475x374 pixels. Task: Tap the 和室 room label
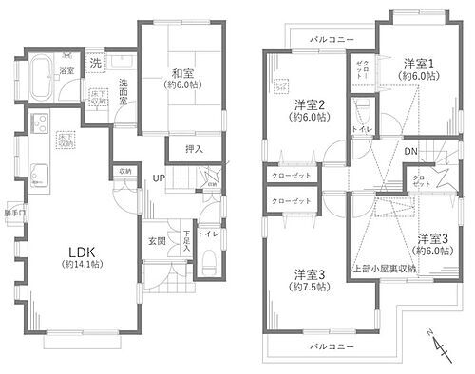[x=184, y=72]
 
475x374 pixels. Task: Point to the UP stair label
[x=161, y=177]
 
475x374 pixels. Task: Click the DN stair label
[x=412, y=150]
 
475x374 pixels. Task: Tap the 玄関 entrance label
[x=158, y=241]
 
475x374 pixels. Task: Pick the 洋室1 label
[x=417, y=65]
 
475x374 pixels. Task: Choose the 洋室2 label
[x=310, y=104]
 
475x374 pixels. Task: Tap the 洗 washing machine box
[x=97, y=63]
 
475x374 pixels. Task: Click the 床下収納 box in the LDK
[x=65, y=139]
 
